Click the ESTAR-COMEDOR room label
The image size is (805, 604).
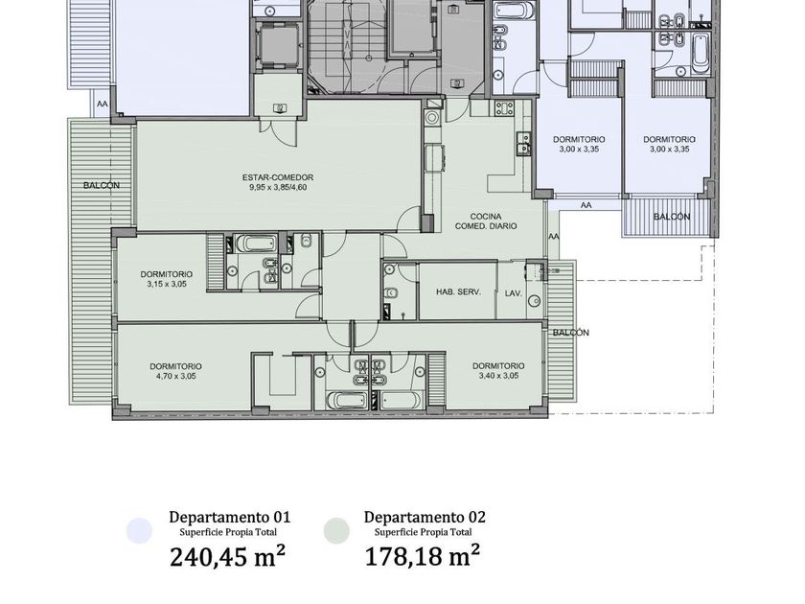point(278,177)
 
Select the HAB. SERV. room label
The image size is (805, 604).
point(458,291)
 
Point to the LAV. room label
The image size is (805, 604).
point(514,293)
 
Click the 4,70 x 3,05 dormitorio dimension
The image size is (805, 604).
point(176,376)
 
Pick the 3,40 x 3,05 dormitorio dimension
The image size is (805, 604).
point(498,376)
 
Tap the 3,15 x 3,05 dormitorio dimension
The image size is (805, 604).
point(167,284)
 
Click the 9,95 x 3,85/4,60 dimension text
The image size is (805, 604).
point(278,188)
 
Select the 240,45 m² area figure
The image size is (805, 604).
point(227,556)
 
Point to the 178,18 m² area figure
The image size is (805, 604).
point(423,556)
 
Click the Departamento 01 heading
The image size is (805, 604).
point(229,517)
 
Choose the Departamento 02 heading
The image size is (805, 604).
point(425,517)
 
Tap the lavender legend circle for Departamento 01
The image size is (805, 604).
point(139,530)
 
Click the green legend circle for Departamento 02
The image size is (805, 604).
point(336,530)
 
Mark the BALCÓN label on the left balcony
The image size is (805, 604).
point(102,185)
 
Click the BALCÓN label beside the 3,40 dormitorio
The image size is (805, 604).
point(571,333)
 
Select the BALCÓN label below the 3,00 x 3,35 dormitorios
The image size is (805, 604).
point(672,217)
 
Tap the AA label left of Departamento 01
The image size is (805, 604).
point(103,104)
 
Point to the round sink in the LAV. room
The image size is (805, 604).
point(536,300)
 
